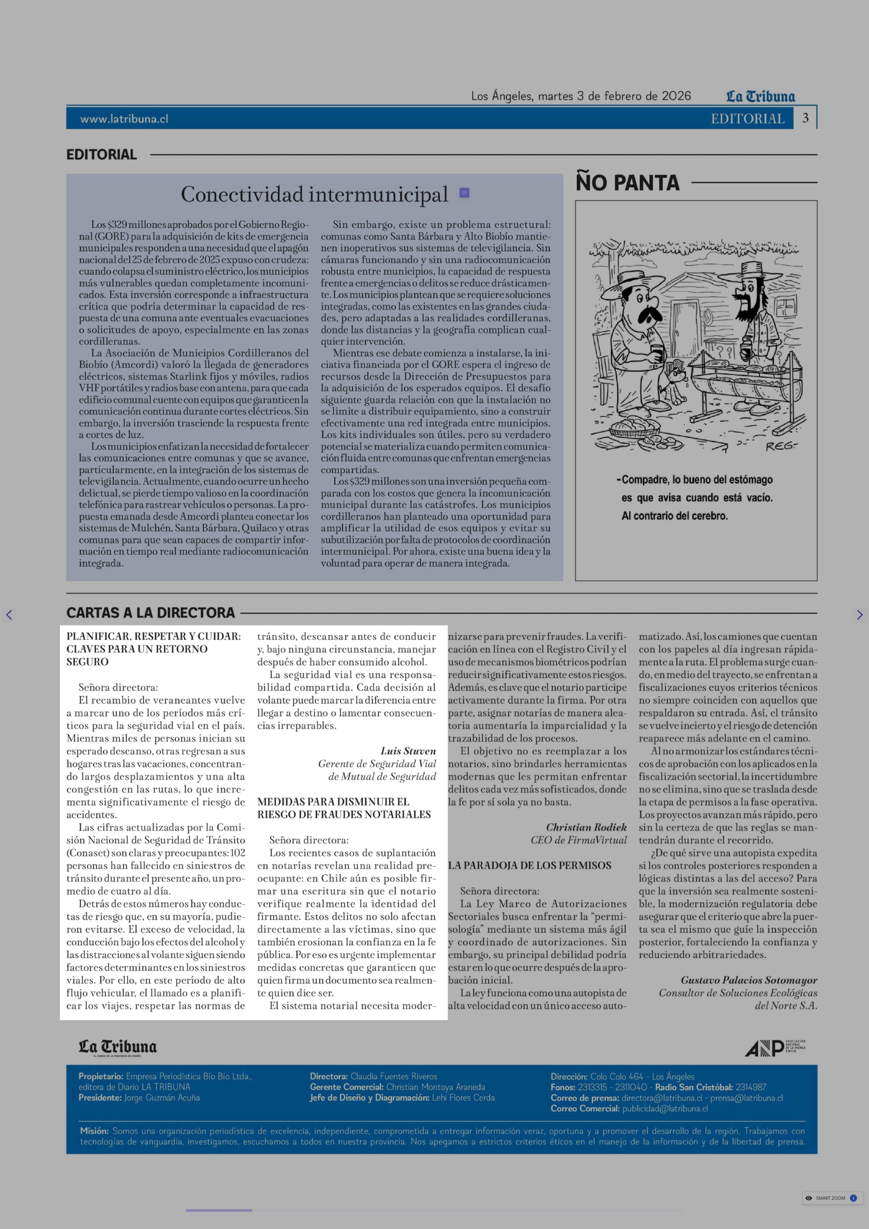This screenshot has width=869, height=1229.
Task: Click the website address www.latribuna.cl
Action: [x=124, y=119]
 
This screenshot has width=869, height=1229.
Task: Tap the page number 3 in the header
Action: [x=805, y=118]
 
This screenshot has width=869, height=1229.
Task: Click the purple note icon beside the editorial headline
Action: [x=464, y=193]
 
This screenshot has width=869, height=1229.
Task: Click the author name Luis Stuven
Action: [x=408, y=751]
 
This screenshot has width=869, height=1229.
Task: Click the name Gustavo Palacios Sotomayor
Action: [x=749, y=980]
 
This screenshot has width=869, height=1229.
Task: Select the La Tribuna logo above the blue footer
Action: [x=118, y=1047]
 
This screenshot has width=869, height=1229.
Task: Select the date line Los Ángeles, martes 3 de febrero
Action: [x=581, y=96]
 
